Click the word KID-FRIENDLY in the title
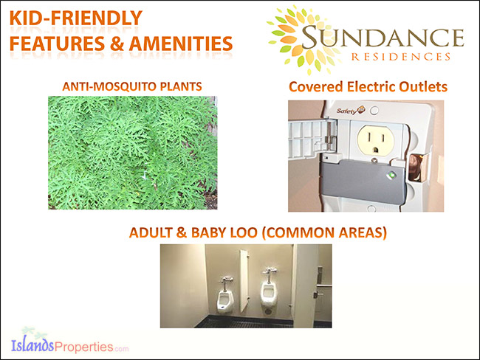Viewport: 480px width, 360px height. point(76,18)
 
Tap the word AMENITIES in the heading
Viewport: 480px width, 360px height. point(181,44)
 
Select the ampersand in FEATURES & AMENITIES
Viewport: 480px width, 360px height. point(117,44)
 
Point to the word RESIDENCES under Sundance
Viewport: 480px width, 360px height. point(401,57)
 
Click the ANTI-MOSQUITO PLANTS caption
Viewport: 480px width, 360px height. point(132,86)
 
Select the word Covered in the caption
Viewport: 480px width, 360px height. point(316,86)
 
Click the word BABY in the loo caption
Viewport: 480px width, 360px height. point(209,232)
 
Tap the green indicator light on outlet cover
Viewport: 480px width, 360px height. point(391,176)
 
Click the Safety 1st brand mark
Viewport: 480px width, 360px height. point(351,110)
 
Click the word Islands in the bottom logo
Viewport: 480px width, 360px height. point(32,346)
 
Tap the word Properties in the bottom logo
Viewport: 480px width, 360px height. point(83,347)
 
